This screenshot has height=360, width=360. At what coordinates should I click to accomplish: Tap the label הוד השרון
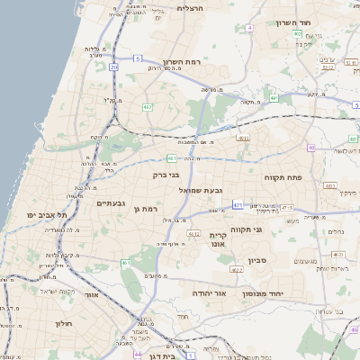pyautogui.click(x=319, y=22)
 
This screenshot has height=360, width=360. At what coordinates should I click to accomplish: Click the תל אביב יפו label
pyautogui.click(x=42, y=215)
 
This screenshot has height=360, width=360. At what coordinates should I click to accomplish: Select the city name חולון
pyautogui.click(x=62, y=322)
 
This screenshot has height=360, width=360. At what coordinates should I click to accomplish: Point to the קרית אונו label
pyautogui.click(x=218, y=240)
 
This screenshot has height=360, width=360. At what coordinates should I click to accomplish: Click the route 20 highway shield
pyautogui.click(x=113, y=67)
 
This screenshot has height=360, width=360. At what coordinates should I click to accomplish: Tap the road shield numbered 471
pyautogui.click(x=238, y=205)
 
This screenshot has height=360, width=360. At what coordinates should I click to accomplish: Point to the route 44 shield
pyautogui.click(x=138, y=355)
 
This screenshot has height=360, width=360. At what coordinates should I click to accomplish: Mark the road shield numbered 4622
pyautogui.click(x=237, y=269)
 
